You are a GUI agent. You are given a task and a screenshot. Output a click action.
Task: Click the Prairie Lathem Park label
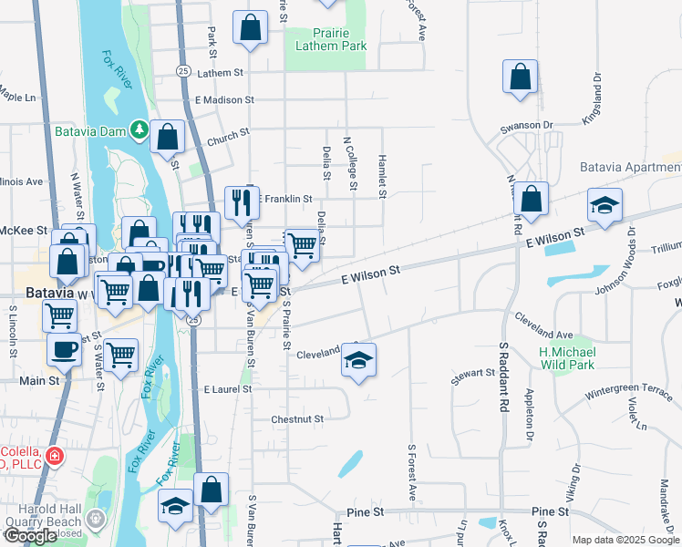pyautogui.click(x=328, y=39)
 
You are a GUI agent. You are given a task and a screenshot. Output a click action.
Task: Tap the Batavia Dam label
pyautogui.click(x=88, y=130)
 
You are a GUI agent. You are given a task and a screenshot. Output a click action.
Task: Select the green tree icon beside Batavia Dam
pyautogui.click(x=139, y=130)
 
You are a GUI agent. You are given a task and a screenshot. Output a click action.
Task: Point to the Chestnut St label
pyautogui.click(x=297, y=418)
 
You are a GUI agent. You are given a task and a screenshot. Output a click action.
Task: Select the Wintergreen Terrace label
pyautogui.click(x=625, y=387)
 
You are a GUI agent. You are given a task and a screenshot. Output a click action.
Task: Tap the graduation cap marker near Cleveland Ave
pyautogui.click(x=359, y=359)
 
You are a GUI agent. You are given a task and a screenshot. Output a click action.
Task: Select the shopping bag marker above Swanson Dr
pyautogui.click(x=520, y=77)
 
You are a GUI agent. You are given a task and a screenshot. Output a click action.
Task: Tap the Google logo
pyautogui.click(x=30, y=536)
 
